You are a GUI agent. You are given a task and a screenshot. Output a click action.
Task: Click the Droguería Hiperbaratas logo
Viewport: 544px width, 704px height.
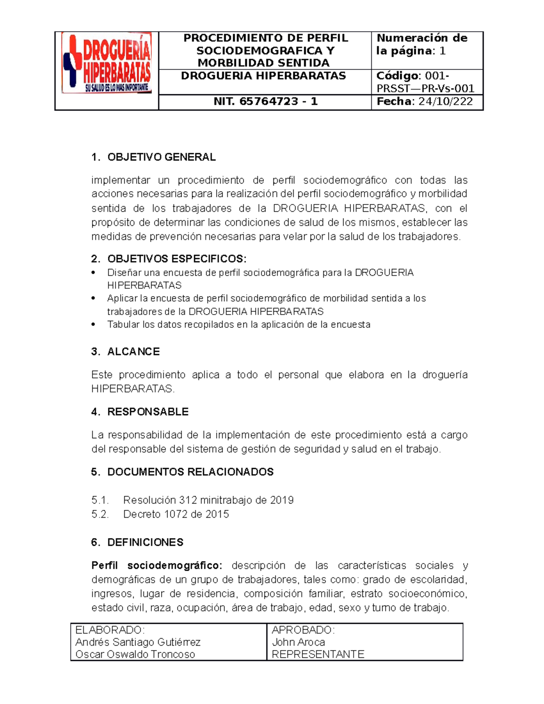point(107,63)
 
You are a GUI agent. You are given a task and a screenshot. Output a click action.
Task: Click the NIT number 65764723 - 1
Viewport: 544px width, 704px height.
point(265,102)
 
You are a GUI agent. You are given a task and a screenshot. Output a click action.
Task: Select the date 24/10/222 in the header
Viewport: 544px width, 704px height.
point(445,102)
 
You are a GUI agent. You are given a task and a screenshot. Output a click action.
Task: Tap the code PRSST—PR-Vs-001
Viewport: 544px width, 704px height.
point(425,88)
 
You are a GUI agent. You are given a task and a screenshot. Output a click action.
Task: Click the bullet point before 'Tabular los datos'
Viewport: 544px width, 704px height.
point(93,325)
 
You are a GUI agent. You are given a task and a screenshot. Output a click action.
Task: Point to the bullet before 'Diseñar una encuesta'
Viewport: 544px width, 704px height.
point(93,273)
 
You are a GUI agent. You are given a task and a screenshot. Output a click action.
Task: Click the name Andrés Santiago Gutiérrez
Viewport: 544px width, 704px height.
point(138,642)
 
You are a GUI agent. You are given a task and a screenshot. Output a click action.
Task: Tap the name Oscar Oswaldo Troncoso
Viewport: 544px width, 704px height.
point(135,654)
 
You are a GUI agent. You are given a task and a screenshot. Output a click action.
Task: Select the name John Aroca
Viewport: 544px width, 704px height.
point(298,642)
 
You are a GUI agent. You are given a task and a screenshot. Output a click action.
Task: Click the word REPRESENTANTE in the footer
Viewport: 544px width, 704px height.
point(318,654)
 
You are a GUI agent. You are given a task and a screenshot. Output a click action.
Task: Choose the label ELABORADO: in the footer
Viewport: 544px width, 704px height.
point(110,630)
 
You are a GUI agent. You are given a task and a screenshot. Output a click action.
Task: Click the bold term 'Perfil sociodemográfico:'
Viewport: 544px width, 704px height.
point(157,565)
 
